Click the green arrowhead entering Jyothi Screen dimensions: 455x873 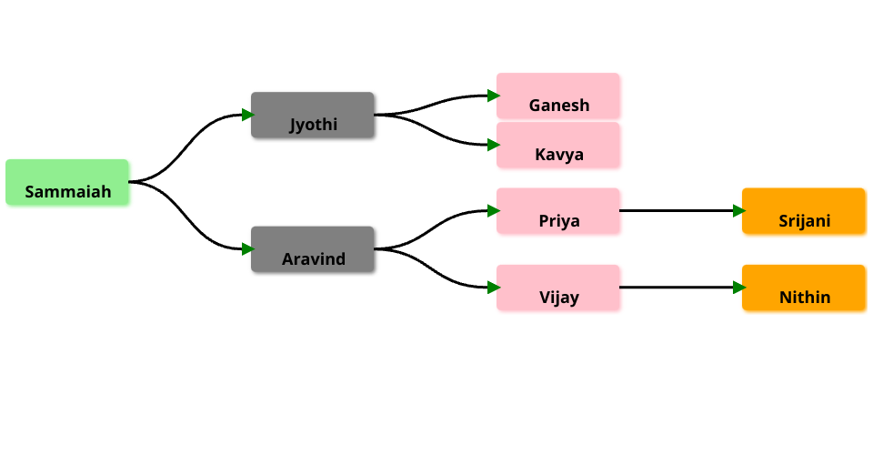click(x=246, y=115)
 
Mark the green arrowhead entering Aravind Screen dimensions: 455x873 click(x=246, y=248)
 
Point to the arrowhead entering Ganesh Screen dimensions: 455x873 click(x=492, y=96)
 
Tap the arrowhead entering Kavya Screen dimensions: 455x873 click(x=492, y=145)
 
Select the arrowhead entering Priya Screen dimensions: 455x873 click(x=492, y=210)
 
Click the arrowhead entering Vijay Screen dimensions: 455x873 click(x=492, y=288)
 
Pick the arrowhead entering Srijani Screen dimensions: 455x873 click(x=738, y=210)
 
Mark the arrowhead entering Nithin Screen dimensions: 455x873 click(x=738, y=288)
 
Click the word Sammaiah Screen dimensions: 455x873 click(x=67, y=192)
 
